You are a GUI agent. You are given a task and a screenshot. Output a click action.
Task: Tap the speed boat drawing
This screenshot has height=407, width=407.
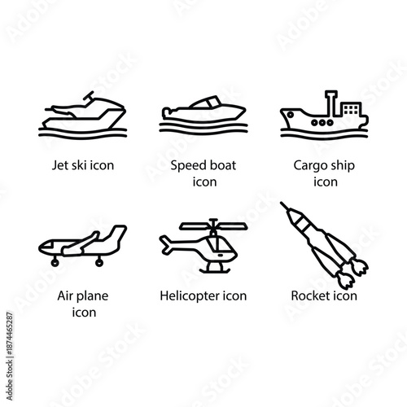point(203,115)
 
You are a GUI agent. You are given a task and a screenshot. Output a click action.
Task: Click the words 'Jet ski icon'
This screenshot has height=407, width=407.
point(80,165)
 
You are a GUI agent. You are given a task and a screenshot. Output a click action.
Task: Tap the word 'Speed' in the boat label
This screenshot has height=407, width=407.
point(187,165)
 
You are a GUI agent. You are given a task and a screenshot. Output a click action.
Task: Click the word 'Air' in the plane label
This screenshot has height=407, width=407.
point(68,295)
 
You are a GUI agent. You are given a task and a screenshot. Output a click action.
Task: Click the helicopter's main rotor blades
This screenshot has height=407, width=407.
point(213,223)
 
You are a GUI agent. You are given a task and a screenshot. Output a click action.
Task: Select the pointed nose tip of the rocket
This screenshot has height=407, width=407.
point(284,206)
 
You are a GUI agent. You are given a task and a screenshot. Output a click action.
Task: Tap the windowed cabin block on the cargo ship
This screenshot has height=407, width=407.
point(351,109)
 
